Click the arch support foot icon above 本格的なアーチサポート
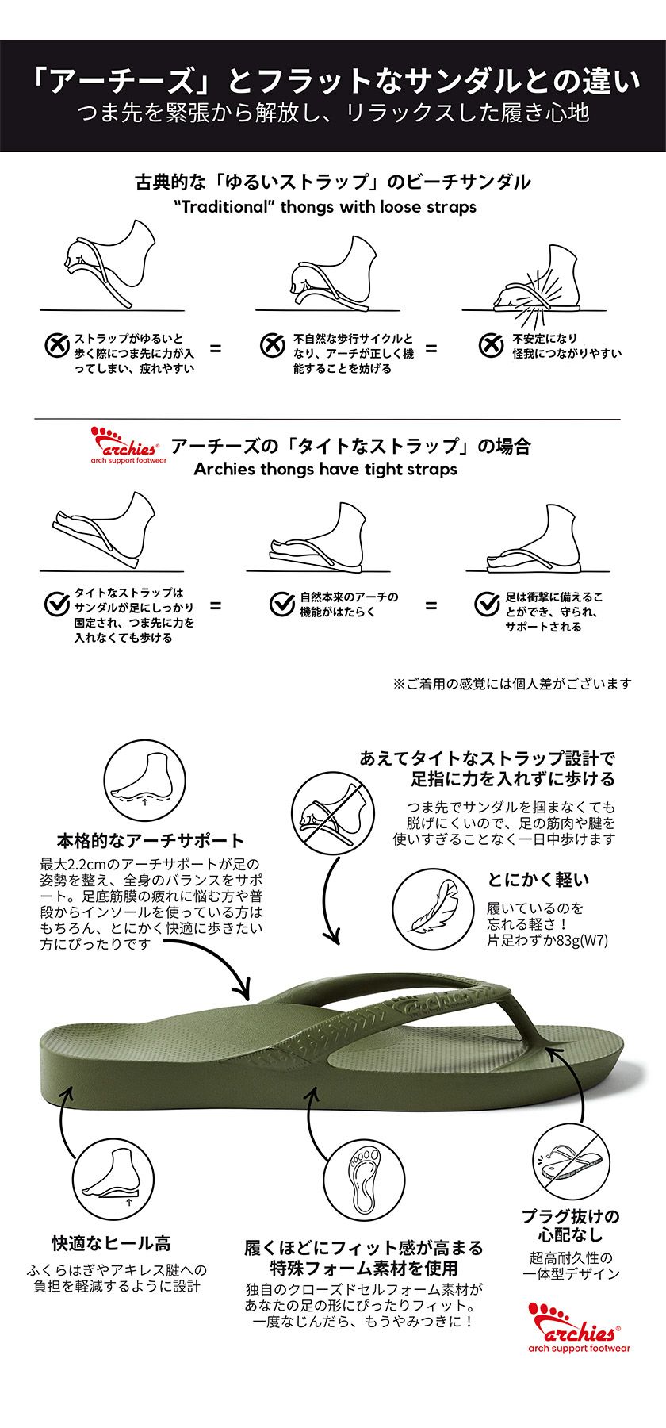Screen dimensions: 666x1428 [144, 779]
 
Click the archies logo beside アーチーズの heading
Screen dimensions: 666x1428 [128, 447]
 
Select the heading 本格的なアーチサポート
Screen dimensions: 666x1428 [151, 840]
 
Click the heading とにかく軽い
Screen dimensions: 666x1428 [538, 879]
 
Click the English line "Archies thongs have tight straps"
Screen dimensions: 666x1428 [326, 469]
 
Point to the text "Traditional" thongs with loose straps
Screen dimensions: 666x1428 [325, 207]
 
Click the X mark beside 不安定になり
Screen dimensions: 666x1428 [492, 344]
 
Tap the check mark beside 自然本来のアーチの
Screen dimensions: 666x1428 [282, 604]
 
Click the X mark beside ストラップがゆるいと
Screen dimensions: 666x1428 [56, 345]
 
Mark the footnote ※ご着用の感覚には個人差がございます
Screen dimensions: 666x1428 [512, 683]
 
